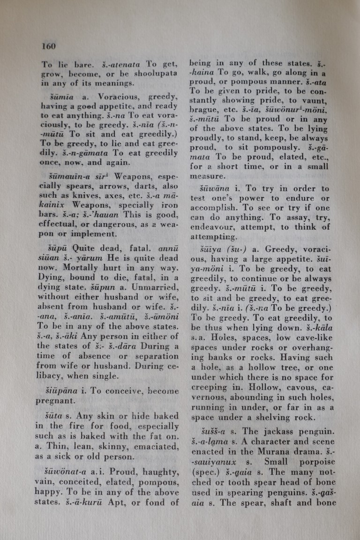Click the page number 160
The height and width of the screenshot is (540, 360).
pos(48,46)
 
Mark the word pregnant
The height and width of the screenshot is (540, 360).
pos(54,400)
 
